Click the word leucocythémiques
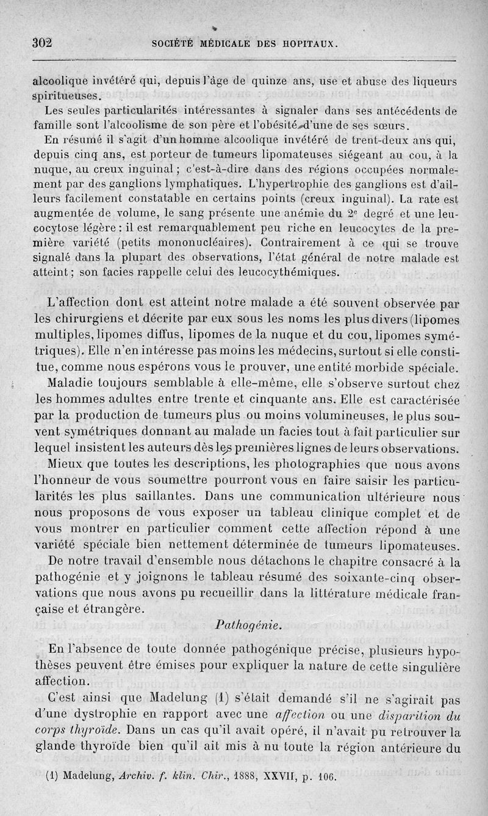pyautogui.click(x=282, y=271)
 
